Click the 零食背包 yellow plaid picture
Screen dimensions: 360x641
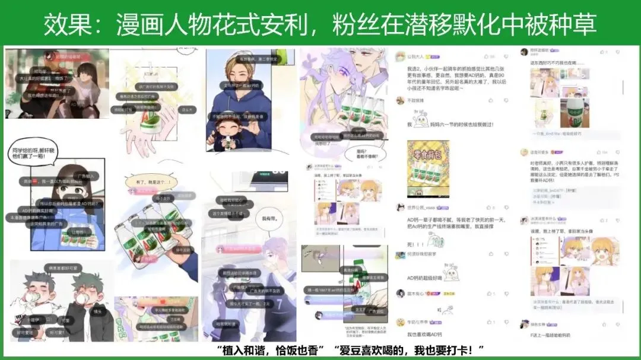click(428, 169)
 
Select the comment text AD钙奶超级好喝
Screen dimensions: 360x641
click(426, 278)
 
